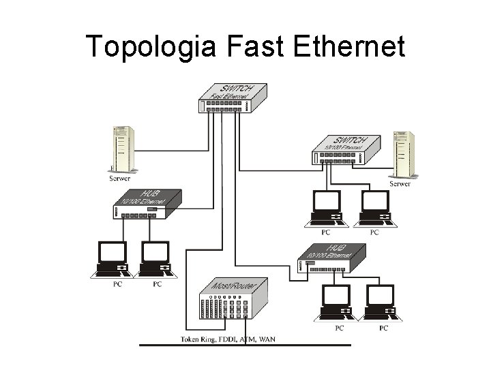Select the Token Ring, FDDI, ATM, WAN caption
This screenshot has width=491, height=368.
228,338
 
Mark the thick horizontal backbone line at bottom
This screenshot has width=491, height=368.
245,346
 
